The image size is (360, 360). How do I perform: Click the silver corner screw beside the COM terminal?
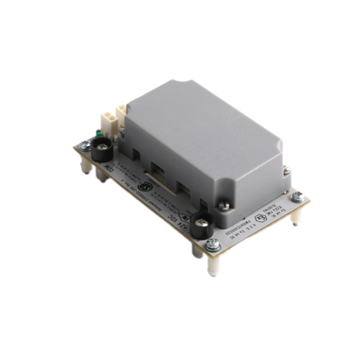[x=85, y=145]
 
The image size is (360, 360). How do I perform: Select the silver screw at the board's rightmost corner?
[x=296, y=196]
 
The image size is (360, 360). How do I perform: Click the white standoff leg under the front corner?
[x=212, y=264]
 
